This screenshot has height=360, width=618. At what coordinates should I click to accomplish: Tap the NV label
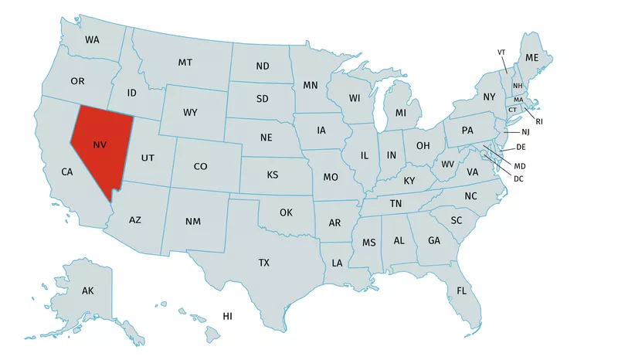(100, 145)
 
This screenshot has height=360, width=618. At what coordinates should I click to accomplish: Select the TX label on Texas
(263, 263)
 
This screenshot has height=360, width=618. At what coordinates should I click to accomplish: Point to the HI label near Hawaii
(228, 317)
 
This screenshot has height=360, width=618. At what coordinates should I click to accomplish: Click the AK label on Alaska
(87, 291)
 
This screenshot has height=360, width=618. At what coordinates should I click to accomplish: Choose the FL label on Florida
(461, 291)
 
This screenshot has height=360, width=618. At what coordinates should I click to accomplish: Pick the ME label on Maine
(531, 58)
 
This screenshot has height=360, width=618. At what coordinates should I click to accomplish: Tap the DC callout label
(518, 178)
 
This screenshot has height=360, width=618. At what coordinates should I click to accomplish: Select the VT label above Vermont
(501, 52)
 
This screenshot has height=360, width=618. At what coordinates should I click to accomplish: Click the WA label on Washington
(92, 39)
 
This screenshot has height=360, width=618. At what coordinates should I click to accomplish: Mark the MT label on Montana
(185, 62)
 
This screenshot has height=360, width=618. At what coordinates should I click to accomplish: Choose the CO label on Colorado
(200, 166)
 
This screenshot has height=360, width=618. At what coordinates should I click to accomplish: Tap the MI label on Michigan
(400, 113)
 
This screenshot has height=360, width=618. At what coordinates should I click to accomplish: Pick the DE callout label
(521, 147)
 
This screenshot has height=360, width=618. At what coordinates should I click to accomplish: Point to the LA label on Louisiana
(337, 263)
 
